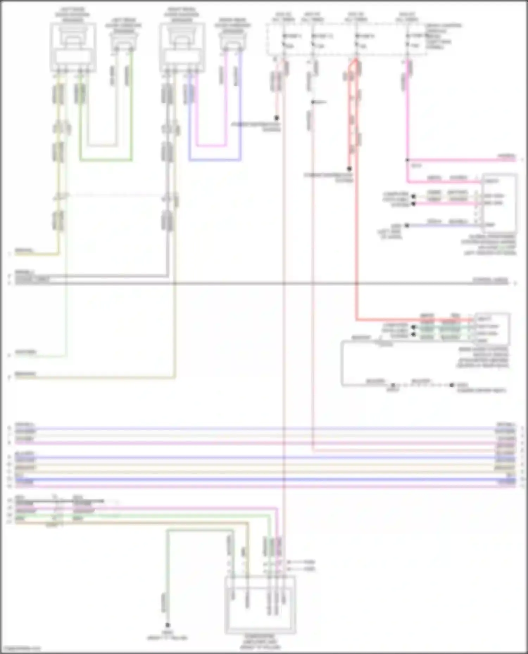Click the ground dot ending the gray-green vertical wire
pos(168,625)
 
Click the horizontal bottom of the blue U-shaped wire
pos(215,160)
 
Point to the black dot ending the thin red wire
pos(277,118)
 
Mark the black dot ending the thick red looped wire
pos(350,169)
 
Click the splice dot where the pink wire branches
pos(407,160)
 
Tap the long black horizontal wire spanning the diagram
pos(264,283)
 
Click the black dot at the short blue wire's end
pos(407,225)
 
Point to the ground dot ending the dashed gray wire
pos(452,385)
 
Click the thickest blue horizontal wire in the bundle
pos(264,480)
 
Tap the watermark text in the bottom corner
pos(21,648)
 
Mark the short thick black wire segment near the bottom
pos(88,501)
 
